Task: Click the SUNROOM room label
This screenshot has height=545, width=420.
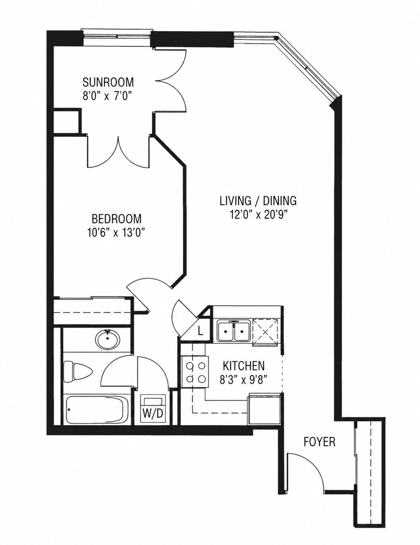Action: tap(108, 82)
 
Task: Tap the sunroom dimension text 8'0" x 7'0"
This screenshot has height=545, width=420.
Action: tap(107, 96)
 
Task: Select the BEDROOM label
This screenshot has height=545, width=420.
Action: tap(116, 219)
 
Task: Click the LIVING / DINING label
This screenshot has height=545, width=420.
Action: tap(258, 201)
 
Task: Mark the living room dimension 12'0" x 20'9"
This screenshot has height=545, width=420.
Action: tap(258, 215)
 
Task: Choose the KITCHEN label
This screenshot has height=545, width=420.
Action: tap(244, 366)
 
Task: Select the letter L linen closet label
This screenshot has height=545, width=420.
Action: tap(200, 331)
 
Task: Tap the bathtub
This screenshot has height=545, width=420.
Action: tap(98, 410)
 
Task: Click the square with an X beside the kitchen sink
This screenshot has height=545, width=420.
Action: tap(265, 331)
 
